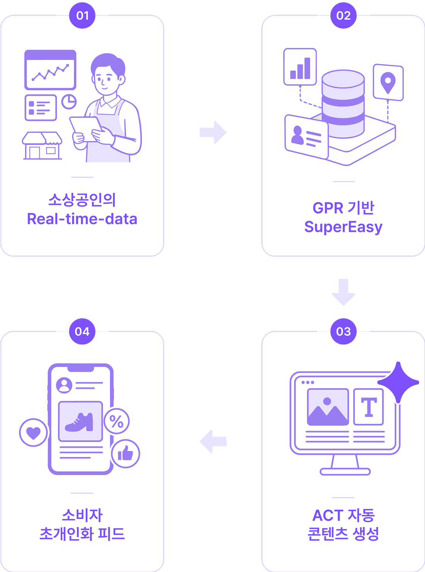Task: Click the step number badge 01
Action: [82, 16]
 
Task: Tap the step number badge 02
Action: [343, 16]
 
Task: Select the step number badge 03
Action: [343, 332]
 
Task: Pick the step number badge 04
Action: [82, 332]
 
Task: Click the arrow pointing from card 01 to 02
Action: [213, 132]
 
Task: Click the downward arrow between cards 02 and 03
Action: [343, 292]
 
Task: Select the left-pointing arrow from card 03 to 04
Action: [213, 442]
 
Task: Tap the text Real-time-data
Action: [82, 219]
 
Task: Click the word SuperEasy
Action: [343, 227]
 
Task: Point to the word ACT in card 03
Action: [328, 515]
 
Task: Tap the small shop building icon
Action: [42, 146]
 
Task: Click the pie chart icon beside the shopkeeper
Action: [69, 102]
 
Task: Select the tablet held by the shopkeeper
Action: [86, 129]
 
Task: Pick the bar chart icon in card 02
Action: [300, 67]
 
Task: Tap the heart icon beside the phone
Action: [33, 432]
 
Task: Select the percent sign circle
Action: [116, 421]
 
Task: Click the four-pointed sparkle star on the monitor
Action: [398, 383]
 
